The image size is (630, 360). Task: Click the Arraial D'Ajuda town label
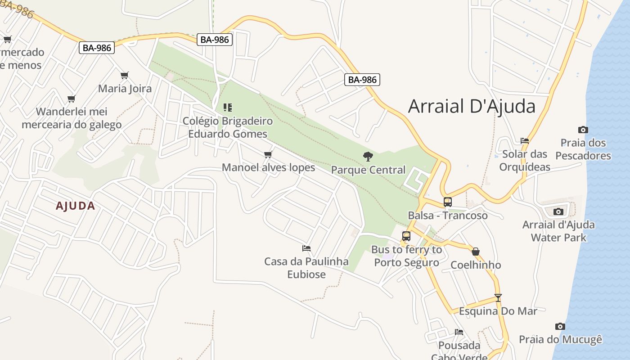tap(472, 107)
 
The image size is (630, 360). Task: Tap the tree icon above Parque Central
tap(368, 157)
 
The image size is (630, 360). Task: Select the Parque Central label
tap(368, 170)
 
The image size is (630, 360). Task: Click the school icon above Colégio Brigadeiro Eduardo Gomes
tap(228, 108)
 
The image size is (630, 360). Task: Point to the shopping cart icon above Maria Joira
tap(125, 75)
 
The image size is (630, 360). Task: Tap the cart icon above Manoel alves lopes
tap(268, 155)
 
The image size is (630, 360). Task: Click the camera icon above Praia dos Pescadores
tap(583, 130)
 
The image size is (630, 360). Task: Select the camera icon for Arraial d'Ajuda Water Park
tap(558, 211)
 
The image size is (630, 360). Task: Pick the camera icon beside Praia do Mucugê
tap(560, 326)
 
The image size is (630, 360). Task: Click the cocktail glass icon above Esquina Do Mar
tap(498, 298)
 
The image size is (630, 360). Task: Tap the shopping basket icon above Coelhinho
tap(476, 252)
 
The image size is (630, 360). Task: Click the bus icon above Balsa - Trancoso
tap(447, 202)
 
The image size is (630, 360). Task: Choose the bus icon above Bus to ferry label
tap(406, 236)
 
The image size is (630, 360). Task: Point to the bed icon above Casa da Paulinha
tap(306, 248)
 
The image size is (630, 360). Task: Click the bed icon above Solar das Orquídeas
tap(525, 141)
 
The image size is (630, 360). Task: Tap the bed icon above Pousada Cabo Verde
tap(459, 332)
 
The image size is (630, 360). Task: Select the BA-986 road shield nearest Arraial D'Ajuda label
tap(362, 80)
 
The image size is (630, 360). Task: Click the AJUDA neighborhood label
tap(75, 206)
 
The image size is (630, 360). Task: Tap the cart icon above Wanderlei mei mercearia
tap(72, 99)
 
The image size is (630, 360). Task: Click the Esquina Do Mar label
tap(498, 311)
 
